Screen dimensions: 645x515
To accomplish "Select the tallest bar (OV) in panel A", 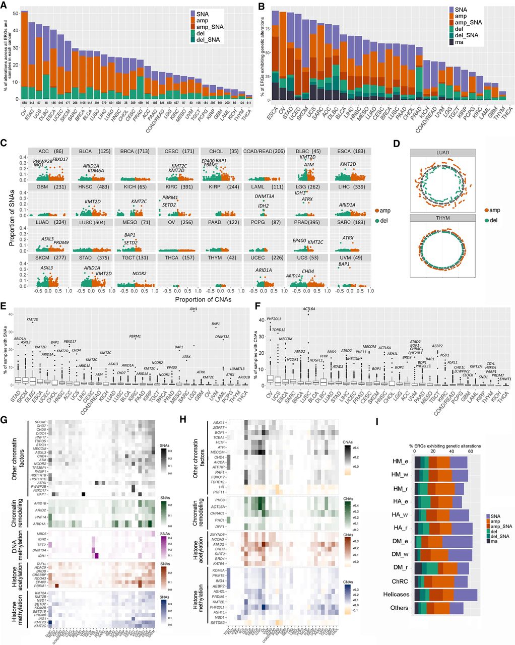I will (24, 55).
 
